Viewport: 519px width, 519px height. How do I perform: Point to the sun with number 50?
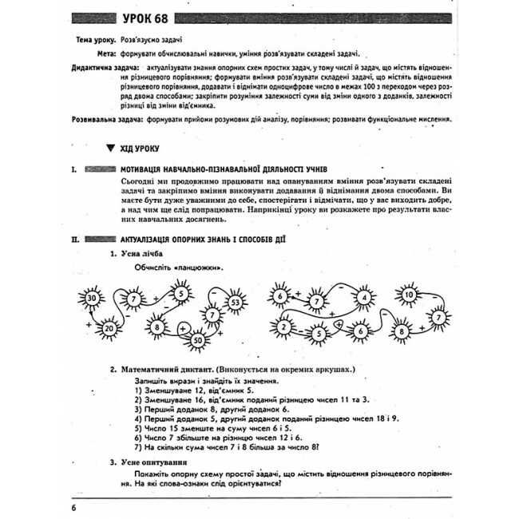click(x=197, y=342)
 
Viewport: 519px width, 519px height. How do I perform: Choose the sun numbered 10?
click(x=409, y=295)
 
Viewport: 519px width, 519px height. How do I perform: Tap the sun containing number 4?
click(x=364, y=299)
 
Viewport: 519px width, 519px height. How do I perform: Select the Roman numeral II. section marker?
click(x=73, y=238)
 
